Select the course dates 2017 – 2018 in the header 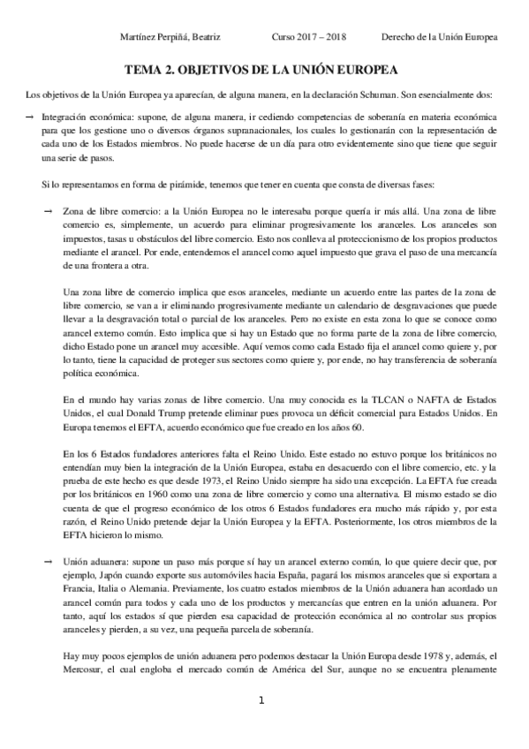323,38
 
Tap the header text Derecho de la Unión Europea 439,38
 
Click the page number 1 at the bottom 261,726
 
